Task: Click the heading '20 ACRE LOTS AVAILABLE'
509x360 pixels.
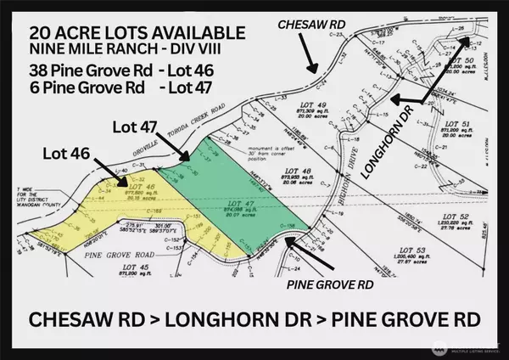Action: pos(137,32)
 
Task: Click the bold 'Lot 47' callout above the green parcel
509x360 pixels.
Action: pos(133,126)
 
